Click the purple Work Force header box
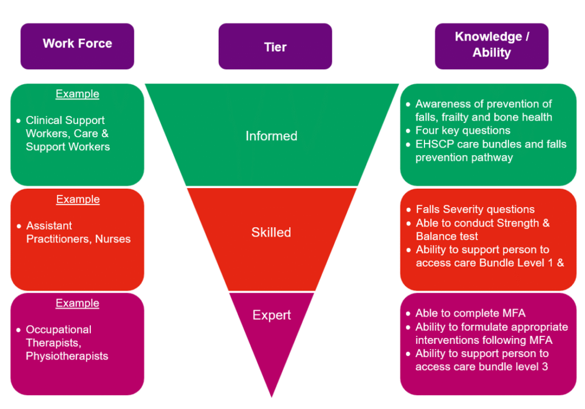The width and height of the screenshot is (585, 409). click(77, 44)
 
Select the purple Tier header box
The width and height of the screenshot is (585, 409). click(275, 46)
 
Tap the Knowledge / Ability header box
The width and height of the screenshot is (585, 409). click(491, 45)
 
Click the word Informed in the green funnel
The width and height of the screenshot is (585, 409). click(271, 136)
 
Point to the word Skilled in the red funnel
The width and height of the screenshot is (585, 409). click(271, 232)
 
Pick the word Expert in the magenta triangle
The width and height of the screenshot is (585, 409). click(272, 315)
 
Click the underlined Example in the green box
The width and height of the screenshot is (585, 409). click(77, 94)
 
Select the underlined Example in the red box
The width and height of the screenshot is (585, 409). click(78, 199)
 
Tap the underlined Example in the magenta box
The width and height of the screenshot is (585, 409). click(77, 303)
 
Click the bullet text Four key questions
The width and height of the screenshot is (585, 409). click(463, 130)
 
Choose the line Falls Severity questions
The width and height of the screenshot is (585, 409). click(475, 209)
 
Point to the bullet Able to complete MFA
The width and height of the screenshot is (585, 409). click(470, 313)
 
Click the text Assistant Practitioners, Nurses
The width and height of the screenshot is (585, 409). click(78, 232)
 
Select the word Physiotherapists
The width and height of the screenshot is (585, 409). click(67, 356)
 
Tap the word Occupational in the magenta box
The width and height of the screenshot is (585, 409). click(59, 329)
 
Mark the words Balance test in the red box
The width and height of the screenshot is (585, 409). click(447, 236)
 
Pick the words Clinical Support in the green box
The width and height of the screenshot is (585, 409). click(65, 121)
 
